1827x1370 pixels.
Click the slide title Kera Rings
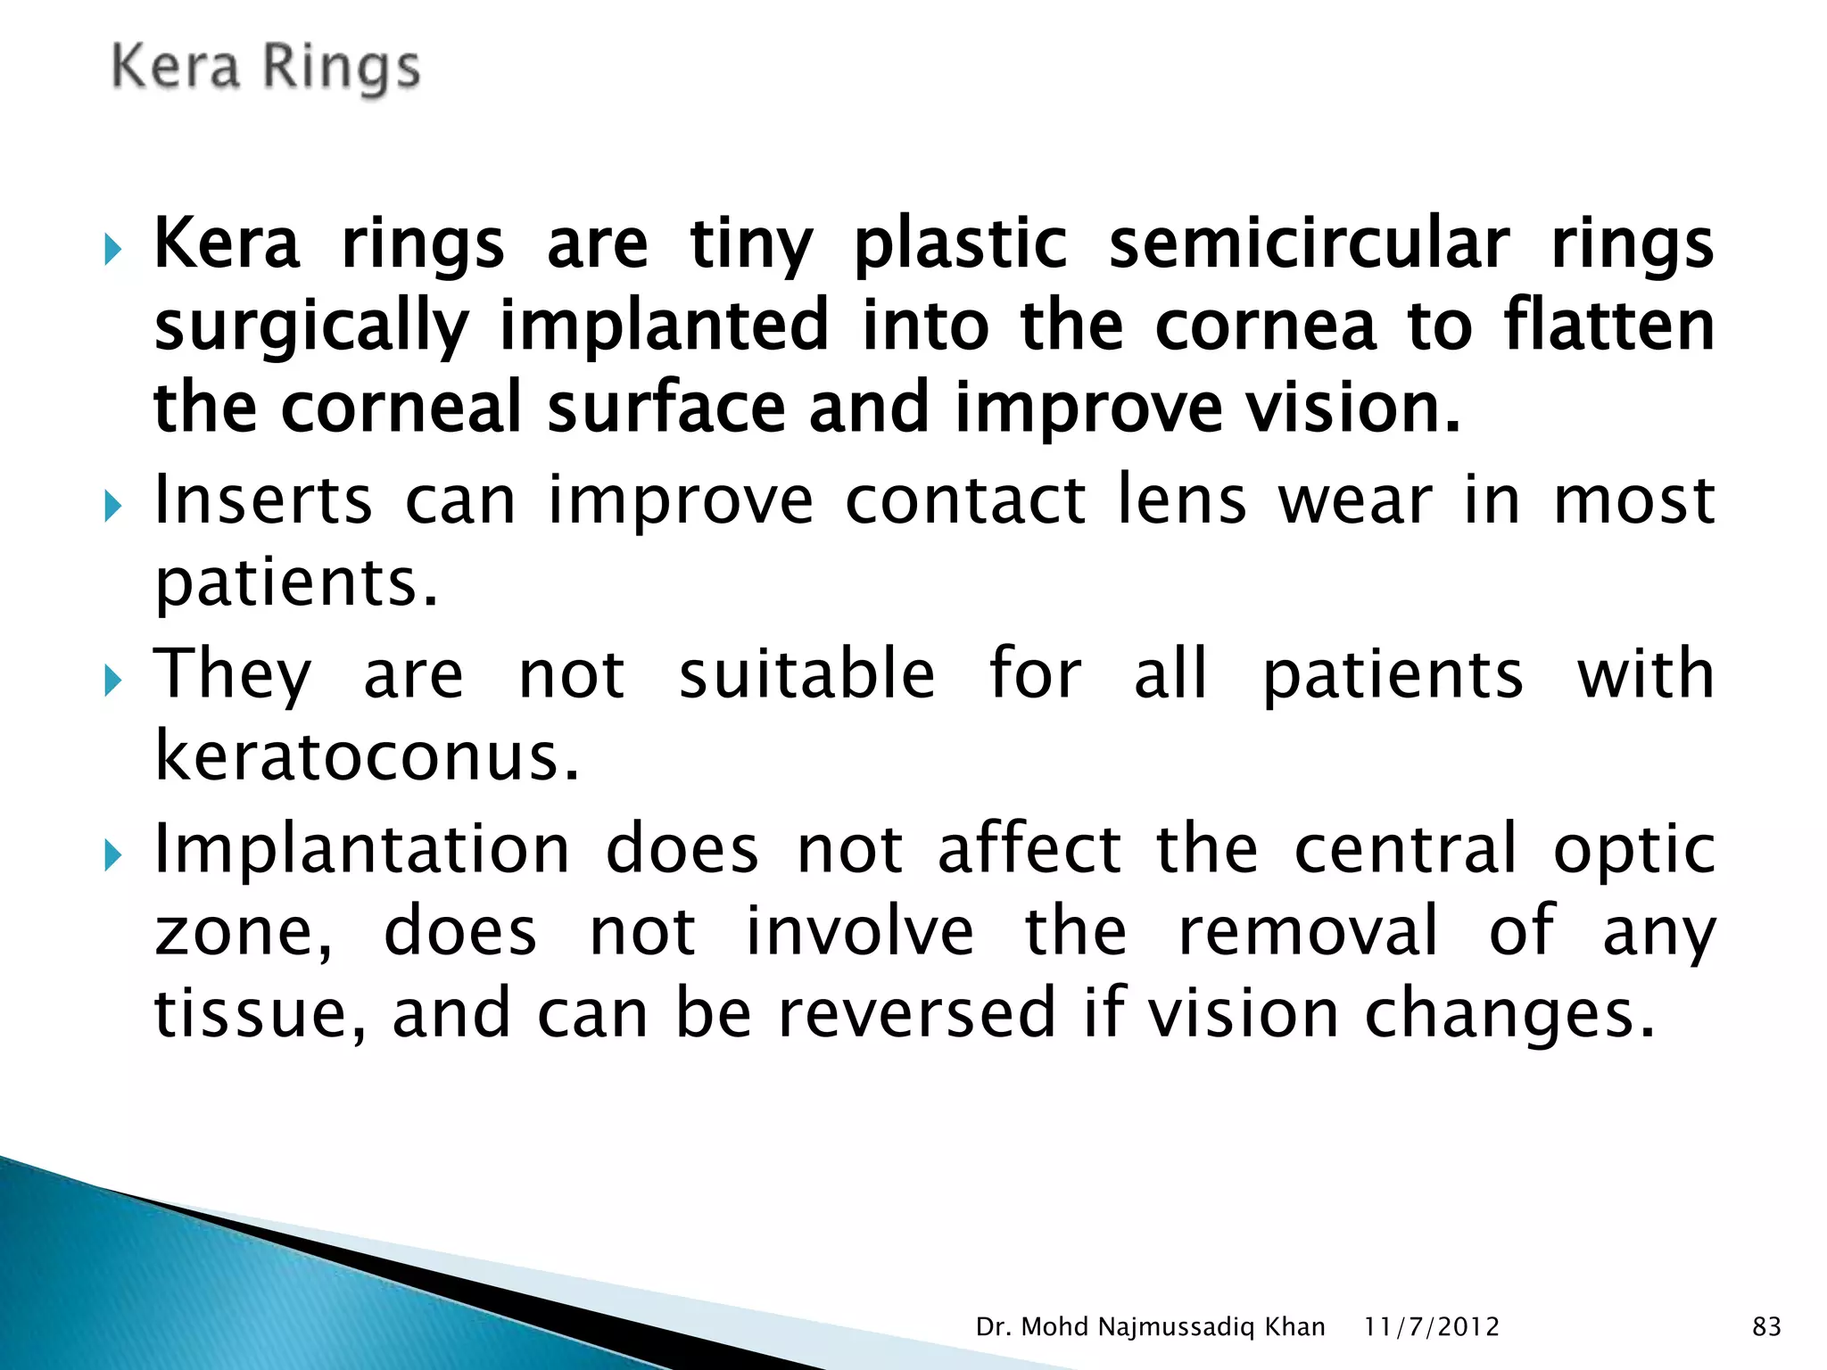pos(265,69)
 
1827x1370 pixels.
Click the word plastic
pos(960,243)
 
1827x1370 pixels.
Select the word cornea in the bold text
pos(1266,326)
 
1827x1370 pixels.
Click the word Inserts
pos(263,500)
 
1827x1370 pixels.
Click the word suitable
pos(807,674)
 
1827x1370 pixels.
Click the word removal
pos(1309,931)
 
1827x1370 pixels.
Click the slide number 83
pos(1766,1327)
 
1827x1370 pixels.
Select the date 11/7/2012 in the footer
pos(1432,1327)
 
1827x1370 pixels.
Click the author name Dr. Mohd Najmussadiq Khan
pos(1150,1327)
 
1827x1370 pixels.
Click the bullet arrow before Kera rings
pos(112,249)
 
